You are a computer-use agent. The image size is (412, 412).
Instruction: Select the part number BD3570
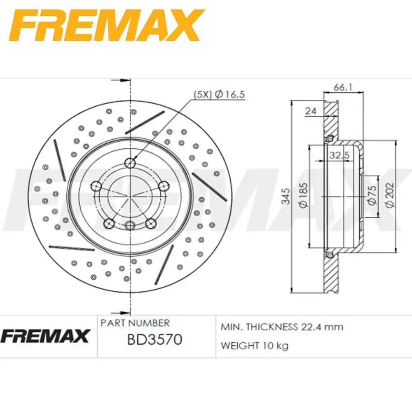pyautogui.click(x=154, y=340)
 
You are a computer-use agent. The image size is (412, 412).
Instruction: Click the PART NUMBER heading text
pyautogui.click(x=135, y=323)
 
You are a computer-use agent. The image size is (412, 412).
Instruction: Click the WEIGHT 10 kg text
pyautogui.click(x=254, y=345)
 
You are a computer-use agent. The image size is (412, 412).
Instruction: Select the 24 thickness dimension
pyautogui.click(x=311, y=110)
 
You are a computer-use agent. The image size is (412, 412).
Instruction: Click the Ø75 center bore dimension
pyautogui.click(x=372, y=196)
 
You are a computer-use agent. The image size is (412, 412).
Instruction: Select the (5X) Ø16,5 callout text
pyautogui.click(x=219, y=94)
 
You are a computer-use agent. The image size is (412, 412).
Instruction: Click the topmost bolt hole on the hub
pyautogui.click(x=131, y=162)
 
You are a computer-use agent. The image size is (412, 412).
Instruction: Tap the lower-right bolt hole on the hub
pyautogui.click(x=151, y=223)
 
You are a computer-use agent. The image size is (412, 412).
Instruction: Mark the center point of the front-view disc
pyautogui.click(x=130, y=197)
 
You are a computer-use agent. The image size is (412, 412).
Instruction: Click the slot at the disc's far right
pyautogui.click(x=209, y=186)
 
